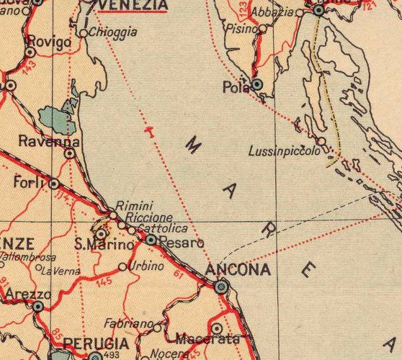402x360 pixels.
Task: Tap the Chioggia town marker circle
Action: point(83,33)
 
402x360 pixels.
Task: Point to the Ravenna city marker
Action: point(70,153)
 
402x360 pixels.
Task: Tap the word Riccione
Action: point(148,217)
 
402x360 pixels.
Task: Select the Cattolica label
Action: point(160,228)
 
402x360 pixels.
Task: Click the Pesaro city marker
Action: point(150,239)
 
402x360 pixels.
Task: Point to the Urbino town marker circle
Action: point(122,266)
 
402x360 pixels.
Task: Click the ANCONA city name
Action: point(238,270)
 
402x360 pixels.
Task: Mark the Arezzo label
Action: point(27,294)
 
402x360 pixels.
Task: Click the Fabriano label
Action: point(130,323)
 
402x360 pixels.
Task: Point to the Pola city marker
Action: point(257,85)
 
